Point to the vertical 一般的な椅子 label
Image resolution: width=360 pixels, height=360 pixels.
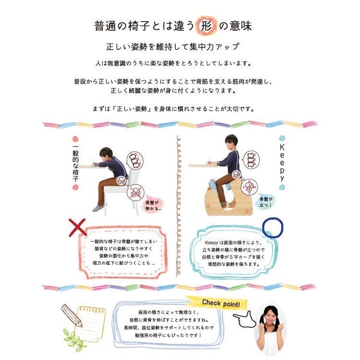pos(75,163)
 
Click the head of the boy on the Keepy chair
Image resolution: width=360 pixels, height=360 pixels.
pos(233,142)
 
